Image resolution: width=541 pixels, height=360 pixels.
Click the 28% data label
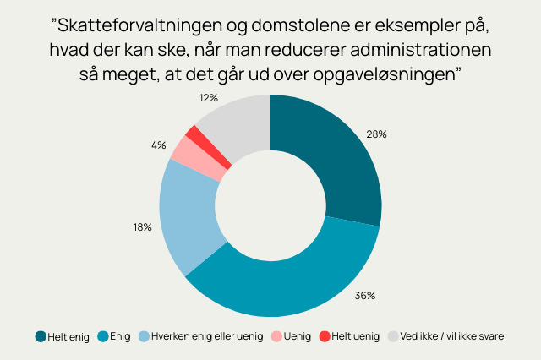point(376,134)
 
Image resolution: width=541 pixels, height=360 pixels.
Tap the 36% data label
point(365,296)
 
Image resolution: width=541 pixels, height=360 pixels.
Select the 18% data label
point(143,227)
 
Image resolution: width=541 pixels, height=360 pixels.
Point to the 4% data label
point(159,145)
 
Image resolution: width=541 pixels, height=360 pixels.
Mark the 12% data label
point(209,98)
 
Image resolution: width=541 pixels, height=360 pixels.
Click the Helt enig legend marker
point(41,336)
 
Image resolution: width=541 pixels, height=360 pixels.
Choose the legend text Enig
point(120,336)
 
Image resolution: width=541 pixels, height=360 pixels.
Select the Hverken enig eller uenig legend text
point(207,336)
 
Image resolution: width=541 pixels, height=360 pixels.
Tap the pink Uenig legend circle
point(276,336)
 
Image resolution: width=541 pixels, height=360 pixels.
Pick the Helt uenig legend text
point(355,336)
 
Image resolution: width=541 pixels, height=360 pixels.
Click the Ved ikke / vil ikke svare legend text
point(452,336)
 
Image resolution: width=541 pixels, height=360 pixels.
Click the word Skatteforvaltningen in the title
point(139,26)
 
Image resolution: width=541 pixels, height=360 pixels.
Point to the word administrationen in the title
point(421,50)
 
